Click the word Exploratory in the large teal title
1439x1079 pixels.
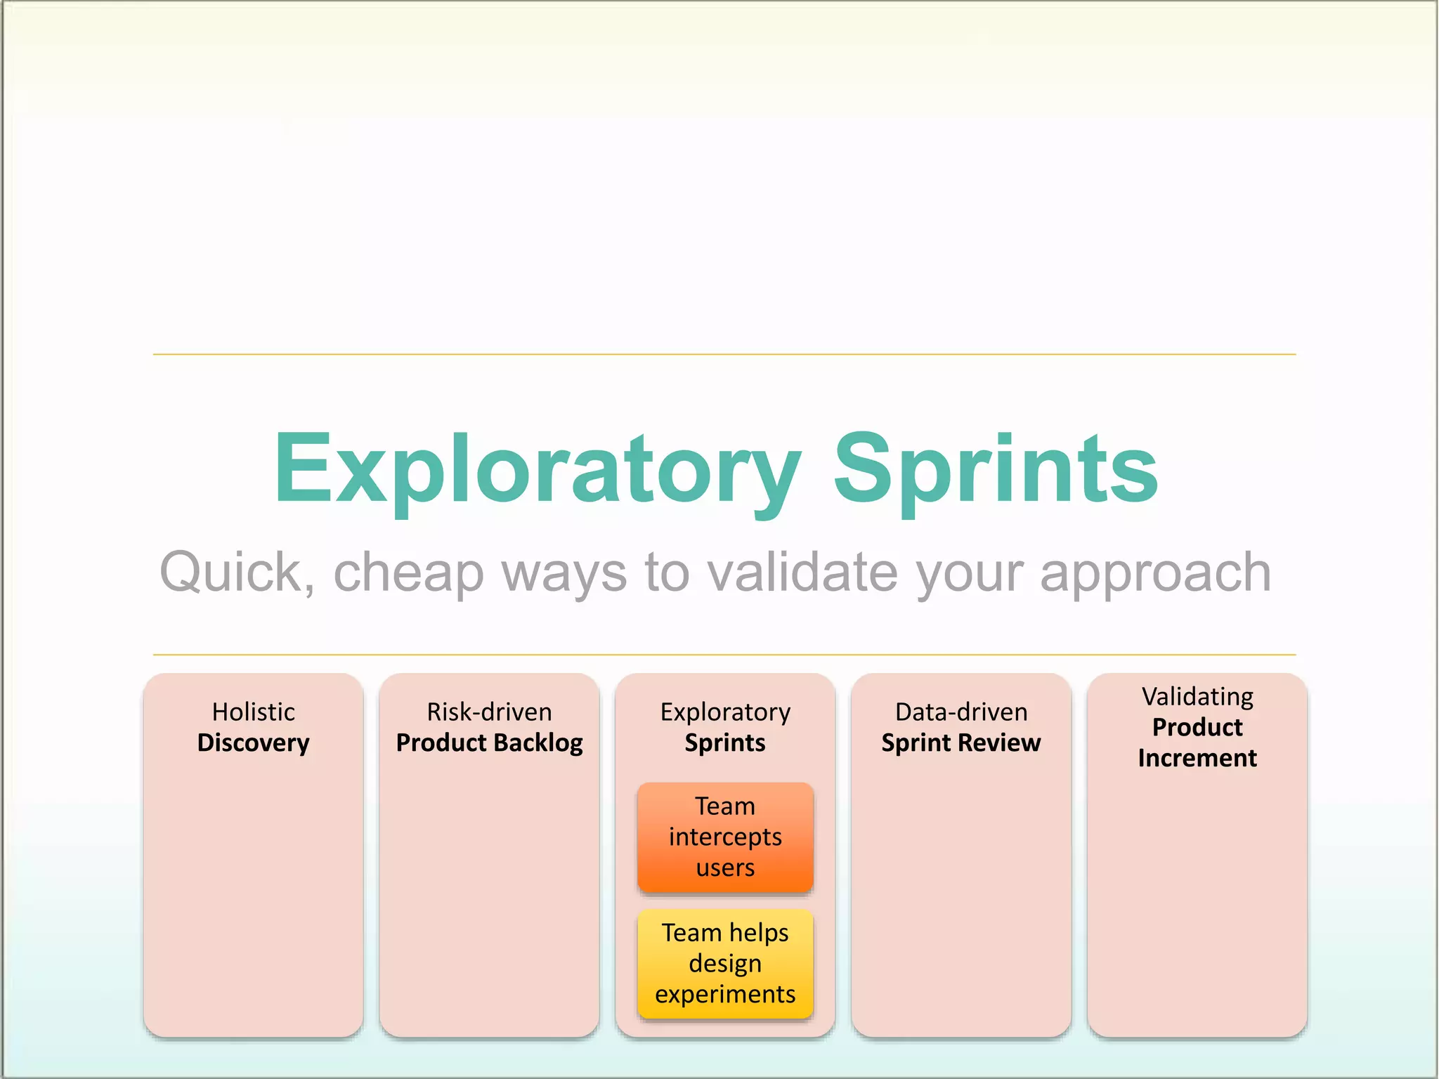point(538,469)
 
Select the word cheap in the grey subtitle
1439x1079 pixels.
point(408,573)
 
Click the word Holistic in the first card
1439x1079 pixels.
point(253,712)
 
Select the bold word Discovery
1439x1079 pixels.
point(253,743)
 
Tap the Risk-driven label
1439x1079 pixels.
point(489,712)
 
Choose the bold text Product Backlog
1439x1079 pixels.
point(489,743)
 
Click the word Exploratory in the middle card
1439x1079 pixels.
point(725,712)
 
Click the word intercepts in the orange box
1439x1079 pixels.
point(725,837)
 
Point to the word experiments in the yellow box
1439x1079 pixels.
point(725,994)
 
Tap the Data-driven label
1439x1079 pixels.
point(961,712)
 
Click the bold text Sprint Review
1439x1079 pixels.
point(961,743)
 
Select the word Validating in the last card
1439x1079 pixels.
point(1197,696)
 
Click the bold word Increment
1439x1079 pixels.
point(1197,758)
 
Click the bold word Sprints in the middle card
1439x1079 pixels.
point(725,743)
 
